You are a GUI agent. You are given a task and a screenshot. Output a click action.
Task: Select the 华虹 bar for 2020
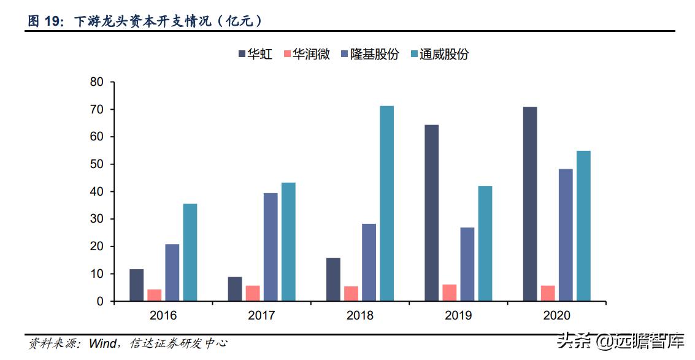[x=530, y=204]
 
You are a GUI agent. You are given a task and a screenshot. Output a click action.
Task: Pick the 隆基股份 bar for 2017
[x=271, y=247]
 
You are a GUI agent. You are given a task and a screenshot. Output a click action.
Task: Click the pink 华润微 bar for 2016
[x=155, y=295]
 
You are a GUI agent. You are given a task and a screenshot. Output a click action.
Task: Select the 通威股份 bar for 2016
[x=190, y=252]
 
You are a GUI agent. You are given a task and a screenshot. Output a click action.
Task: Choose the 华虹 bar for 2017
[x=235, y=289]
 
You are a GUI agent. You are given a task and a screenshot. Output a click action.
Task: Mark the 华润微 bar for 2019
[x=450, y=293]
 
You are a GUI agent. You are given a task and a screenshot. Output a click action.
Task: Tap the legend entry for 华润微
[x=307, y=55]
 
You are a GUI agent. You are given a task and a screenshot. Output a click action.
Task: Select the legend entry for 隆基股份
[x=368, y=55]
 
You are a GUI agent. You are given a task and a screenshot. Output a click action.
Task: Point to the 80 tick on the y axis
[x=97, y=82]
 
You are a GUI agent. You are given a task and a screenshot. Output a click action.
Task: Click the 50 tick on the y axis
[x=97, y=164]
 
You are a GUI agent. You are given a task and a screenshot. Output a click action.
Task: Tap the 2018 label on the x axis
[x=359, y=316]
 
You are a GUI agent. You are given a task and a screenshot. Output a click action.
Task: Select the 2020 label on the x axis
[x=556, y=316]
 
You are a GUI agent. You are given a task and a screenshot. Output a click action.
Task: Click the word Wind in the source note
[x=102, y=344]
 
